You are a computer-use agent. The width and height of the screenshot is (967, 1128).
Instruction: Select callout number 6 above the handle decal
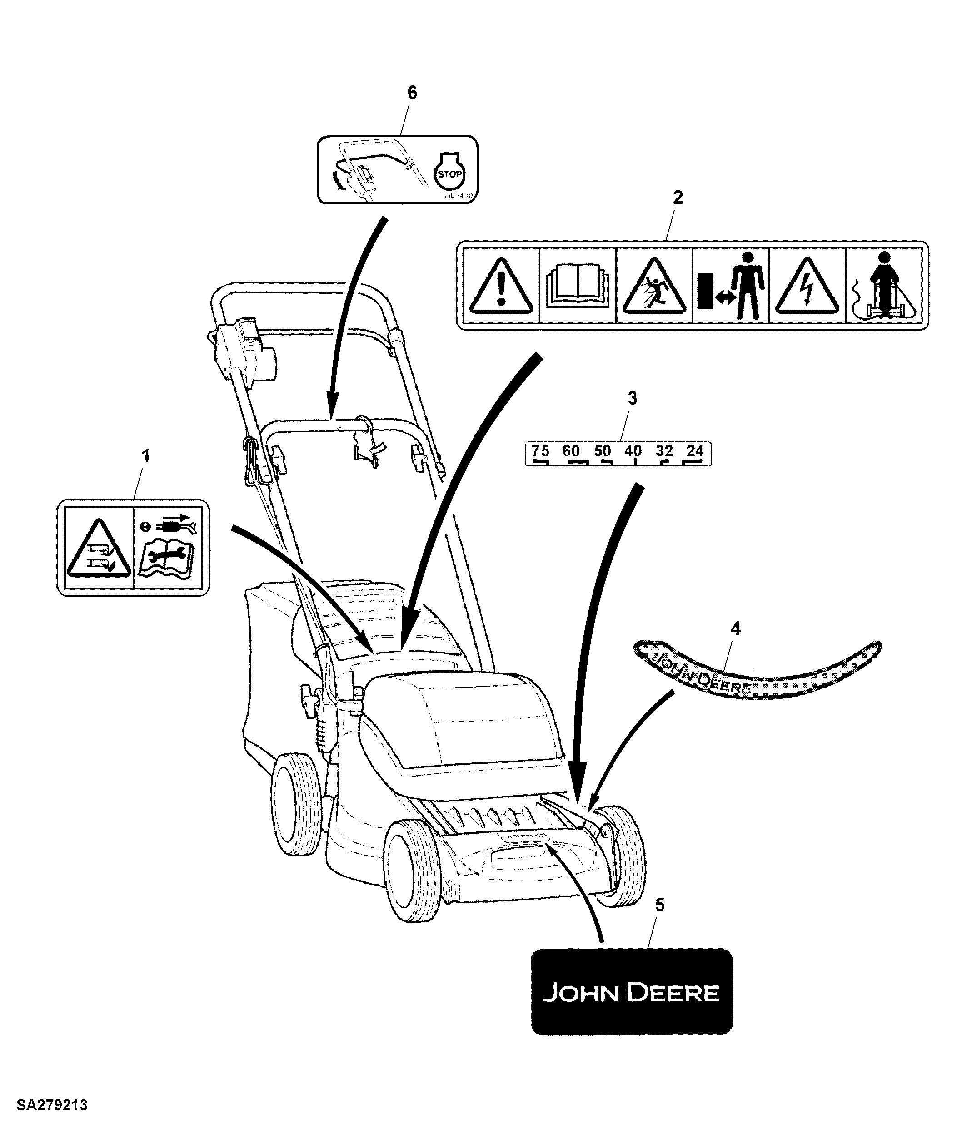point(413,93)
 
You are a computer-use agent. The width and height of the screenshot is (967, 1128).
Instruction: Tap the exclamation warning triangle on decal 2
point(501,287)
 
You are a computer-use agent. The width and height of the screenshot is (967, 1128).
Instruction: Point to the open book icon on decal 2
point(578,287)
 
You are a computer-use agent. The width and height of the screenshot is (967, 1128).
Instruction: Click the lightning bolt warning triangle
point(807,287)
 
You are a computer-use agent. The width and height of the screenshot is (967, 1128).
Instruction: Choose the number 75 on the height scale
point(540,451)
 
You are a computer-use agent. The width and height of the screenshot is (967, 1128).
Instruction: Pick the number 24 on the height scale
point(695,451)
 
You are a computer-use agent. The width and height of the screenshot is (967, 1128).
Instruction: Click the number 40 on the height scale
point(633,451)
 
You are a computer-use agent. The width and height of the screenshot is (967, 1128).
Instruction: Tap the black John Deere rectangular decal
point(631,991)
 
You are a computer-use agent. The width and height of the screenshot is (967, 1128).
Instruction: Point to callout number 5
point(660,905)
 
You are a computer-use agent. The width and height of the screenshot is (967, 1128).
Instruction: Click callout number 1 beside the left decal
point(145,457)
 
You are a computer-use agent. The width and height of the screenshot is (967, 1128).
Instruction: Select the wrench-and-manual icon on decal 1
point(167,548)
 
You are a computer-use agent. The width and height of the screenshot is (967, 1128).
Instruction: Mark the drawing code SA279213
point(52,1106)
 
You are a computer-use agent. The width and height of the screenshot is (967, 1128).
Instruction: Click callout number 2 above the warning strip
point(678,198)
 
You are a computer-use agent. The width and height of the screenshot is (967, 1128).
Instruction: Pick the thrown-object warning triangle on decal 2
point(654,287)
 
